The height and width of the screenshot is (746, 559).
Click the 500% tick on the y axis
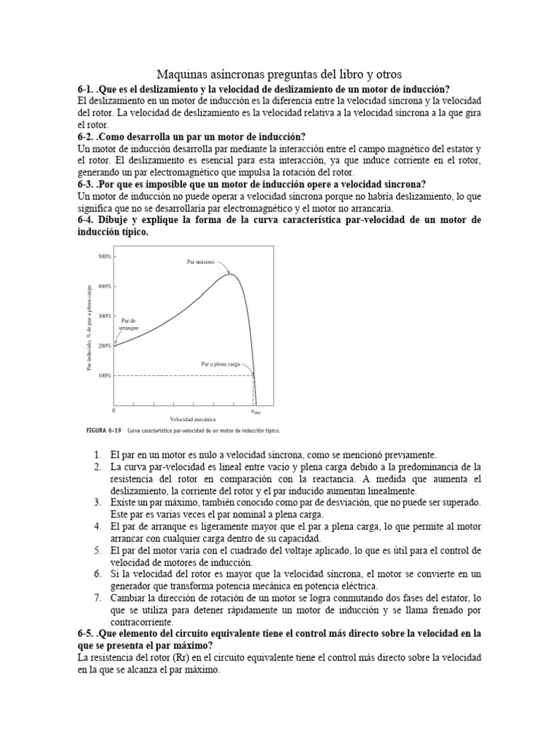click(x=104, y=257)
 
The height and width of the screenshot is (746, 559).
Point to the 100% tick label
click(x=104, y=375)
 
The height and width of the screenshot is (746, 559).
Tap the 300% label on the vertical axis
click(x=104, y=316)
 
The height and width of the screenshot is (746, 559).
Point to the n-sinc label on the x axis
click(x=256, y=412)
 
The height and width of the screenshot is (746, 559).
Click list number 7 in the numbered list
click(x=97, y=598)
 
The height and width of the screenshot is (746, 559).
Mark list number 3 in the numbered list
click(x=97, y=503)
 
